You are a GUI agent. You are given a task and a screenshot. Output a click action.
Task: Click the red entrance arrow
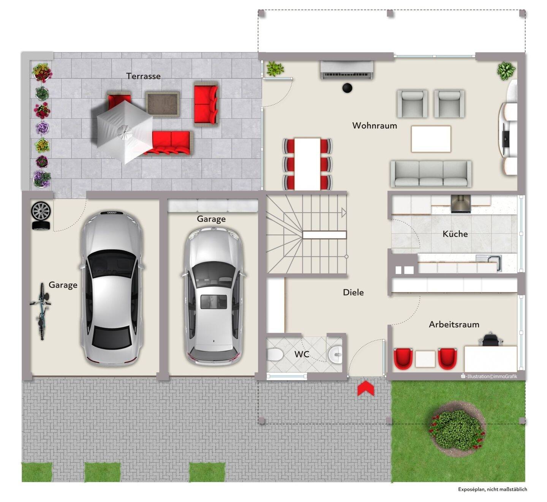(x=366, y=388)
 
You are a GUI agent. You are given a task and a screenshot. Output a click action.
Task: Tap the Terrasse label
(x=144, y=76)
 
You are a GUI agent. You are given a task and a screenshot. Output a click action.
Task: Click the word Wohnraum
(x=375, y=126)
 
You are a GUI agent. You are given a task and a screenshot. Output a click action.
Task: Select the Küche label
(x=455, y=234)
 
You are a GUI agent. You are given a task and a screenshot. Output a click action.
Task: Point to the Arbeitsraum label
(x=454, y=325)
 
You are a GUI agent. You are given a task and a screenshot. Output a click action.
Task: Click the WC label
(x=302, y=354)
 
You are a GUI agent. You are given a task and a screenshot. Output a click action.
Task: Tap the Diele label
(x=353, y=292)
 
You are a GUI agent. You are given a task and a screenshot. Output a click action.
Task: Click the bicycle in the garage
(x=41, y=311)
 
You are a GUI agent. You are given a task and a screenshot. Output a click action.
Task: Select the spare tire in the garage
(x=41, y=216)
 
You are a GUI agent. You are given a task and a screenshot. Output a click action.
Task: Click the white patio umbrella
(x=125, y=132)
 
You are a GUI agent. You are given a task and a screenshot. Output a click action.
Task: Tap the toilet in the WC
(x=275, y=355)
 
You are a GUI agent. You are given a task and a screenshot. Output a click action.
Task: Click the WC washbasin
(x=335, y=355)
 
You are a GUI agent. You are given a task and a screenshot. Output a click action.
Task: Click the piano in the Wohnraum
(x=347, y=70)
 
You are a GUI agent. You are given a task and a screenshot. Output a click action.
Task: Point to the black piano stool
(x=347, y=88)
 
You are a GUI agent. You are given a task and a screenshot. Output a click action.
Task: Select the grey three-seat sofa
(x=431, y=174)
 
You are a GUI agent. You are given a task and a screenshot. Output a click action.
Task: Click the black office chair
(x=490, y=339)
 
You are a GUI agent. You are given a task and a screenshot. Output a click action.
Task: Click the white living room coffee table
(x=431, y=139)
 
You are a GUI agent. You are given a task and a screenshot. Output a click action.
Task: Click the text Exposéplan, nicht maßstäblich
(x=492, y=497)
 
